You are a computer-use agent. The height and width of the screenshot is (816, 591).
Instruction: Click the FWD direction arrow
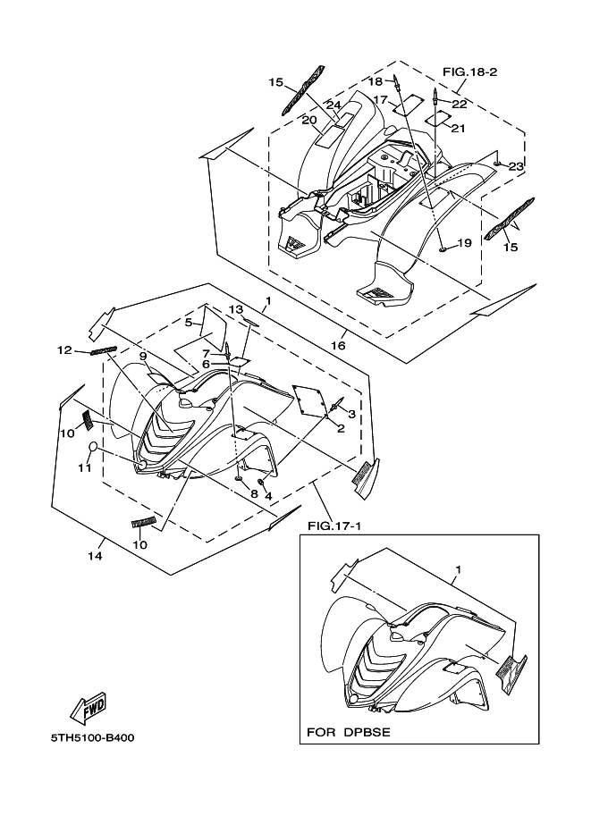click(x=88, y=708)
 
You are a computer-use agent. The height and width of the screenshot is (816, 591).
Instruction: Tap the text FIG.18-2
click(x=469, y=72)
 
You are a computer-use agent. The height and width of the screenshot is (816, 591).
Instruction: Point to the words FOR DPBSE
click(x=349, y=732)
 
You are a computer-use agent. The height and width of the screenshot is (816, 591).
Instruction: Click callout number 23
click(x=516, y=166)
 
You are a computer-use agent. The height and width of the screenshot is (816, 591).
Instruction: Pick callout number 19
click(x=464, y=243)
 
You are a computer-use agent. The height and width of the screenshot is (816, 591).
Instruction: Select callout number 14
click(x=95, y=556)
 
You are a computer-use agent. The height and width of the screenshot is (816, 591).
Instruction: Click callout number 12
click(x=64, y=350)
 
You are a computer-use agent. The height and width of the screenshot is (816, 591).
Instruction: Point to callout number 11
click(x=85, y=467)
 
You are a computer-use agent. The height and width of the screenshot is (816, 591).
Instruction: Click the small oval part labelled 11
click(x=93, y=446)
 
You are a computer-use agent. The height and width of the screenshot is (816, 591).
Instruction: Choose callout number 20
click(x=309, y=121)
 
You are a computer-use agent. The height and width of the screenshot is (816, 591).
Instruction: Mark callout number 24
click(x=333, y=104)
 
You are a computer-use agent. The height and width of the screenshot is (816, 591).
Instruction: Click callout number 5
click(x=189, y=322)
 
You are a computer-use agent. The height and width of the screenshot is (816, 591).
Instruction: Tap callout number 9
click(x=143, y=357)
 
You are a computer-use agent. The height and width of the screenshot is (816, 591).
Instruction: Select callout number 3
click(x=352, y=414)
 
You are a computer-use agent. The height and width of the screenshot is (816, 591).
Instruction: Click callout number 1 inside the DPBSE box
click(x=458, y=569)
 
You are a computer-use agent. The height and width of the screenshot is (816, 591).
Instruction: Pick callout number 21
click(x=458, y=128)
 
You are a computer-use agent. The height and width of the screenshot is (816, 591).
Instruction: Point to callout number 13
click(x=236, y=309)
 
